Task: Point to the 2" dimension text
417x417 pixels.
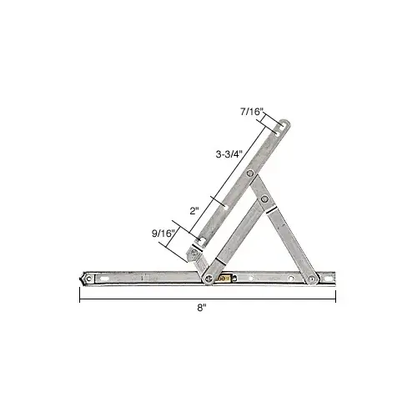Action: [x=194, y=211]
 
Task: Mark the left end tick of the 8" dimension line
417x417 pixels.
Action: [x=79, y=298]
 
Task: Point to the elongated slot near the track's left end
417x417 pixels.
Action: [x=107, y=277]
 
